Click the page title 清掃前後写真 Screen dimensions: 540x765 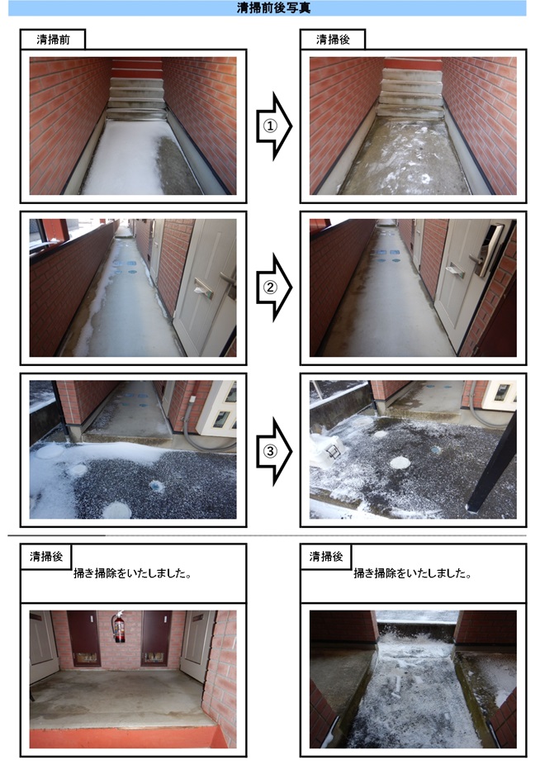[273, 7]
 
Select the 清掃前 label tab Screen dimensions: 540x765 [53, 40]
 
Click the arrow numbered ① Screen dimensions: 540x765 [273, 126]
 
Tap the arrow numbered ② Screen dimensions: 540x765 [273, 287]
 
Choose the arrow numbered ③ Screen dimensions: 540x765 [273, 451]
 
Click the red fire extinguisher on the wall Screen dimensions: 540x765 [119, 628]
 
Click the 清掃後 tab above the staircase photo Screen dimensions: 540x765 [333, 40]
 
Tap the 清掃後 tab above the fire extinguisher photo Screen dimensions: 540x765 [46, 556]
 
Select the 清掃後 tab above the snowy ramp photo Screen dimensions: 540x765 [325, 556]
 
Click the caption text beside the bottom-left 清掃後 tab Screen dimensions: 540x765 [132, 573]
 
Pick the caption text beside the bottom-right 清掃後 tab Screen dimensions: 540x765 [412, 573]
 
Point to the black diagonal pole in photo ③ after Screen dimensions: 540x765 [492, 461]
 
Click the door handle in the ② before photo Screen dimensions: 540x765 [227, 282]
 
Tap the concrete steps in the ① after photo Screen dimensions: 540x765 [411, 93]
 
